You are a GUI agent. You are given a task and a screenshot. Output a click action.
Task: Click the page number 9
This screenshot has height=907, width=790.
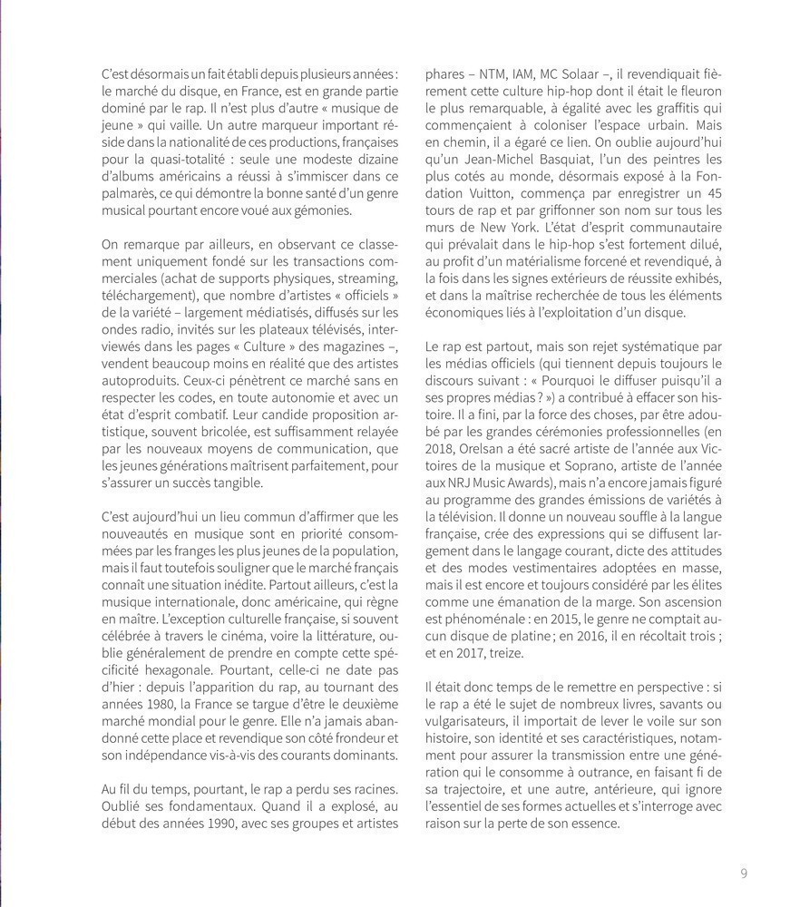(744, 873)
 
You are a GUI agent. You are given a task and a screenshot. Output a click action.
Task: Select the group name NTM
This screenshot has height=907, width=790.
(493, 73)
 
